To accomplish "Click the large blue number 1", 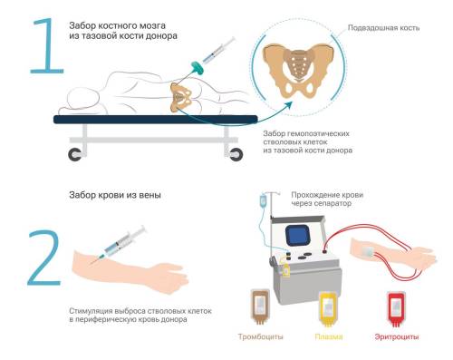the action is pos(48,45).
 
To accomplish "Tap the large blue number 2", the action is pos(44,258).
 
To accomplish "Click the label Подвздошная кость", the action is pos(383,28).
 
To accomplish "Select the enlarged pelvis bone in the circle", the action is pos(298,71).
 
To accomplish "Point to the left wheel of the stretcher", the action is pos(75,154).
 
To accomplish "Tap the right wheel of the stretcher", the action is pos(236,154).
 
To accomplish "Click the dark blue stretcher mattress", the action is pos(156,120).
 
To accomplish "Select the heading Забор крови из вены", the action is pos(115,195).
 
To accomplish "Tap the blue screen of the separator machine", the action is pos(298,236).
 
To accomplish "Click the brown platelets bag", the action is pos(260,306).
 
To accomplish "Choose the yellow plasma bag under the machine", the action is pos(329,309).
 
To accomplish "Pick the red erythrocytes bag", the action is pos(396,309).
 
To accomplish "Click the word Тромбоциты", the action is pos(261,336).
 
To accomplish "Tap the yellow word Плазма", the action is pos(329,336).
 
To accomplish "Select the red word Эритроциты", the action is pos(397,336).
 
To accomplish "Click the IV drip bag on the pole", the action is pos(264,200).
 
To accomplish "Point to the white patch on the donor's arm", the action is pos(369,252).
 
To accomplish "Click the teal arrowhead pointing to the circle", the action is pos(288,106).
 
